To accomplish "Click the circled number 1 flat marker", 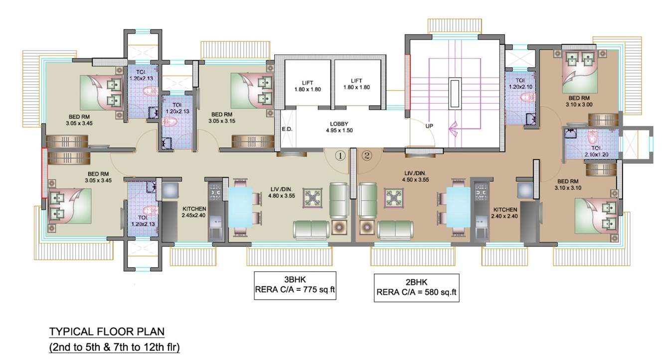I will (x=340, y=156).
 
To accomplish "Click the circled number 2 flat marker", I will (x=367, y=156).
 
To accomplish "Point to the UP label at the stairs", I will (x=429, y=126).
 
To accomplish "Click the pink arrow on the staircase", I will (x=455, y=129).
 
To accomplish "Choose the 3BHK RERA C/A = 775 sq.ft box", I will (x=295, y=286).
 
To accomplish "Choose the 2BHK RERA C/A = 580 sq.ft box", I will (x=416, y=288).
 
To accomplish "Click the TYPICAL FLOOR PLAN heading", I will (x=107, y=332).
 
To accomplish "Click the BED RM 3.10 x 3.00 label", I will (x=580, y=101).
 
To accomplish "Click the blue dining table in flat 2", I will (x=458, y=207).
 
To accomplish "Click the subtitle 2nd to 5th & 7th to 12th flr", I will (x=114, y=348).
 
